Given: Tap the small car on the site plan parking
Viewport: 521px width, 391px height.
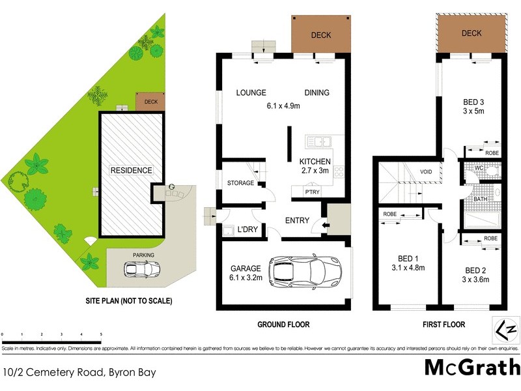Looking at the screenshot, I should click(149, 268).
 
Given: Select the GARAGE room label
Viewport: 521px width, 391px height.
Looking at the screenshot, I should click(244, 268).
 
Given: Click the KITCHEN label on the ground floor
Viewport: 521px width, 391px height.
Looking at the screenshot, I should click(315, 162).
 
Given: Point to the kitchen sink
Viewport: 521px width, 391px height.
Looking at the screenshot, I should click(318, 140).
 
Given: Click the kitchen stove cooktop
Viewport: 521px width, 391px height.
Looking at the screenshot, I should click(338, 172).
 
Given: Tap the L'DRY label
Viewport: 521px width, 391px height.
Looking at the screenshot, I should click(250, 230).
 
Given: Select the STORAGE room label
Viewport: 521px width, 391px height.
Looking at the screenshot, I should click(240, 183).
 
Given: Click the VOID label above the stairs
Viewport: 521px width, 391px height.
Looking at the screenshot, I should click(425, 173).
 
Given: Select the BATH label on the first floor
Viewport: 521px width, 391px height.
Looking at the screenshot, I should click(480, 199).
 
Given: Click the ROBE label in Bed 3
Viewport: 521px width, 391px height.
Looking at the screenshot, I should click(492, 152).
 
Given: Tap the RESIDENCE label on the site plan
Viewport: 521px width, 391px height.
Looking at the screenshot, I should click(131, 171).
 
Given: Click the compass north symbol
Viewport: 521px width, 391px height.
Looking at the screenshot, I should click(508, 328).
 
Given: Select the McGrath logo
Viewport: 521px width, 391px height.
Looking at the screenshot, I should click(472, 368).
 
